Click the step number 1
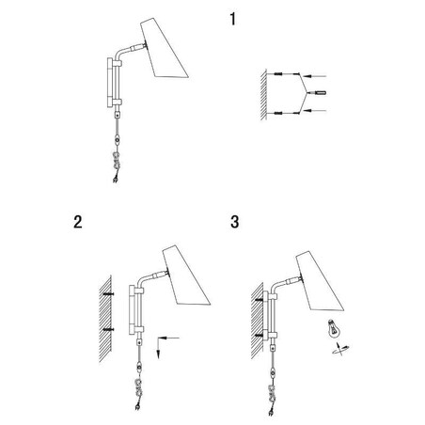coord(232,19)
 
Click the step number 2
coord(78,222)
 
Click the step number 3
coord(235,222)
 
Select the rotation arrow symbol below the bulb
coord(340,349)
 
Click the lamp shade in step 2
coord(186,275)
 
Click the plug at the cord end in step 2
coord(137,407)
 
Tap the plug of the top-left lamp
coord(116,180)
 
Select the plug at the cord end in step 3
coord(271,413)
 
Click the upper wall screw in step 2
coord(108,294)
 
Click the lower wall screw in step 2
coord(108,329)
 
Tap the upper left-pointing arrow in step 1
coord(316,76)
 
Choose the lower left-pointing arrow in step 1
coord(316,110)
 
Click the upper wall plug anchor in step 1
coord(278,74)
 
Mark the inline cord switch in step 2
coord(139,367)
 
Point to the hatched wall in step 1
coord(263,95)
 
